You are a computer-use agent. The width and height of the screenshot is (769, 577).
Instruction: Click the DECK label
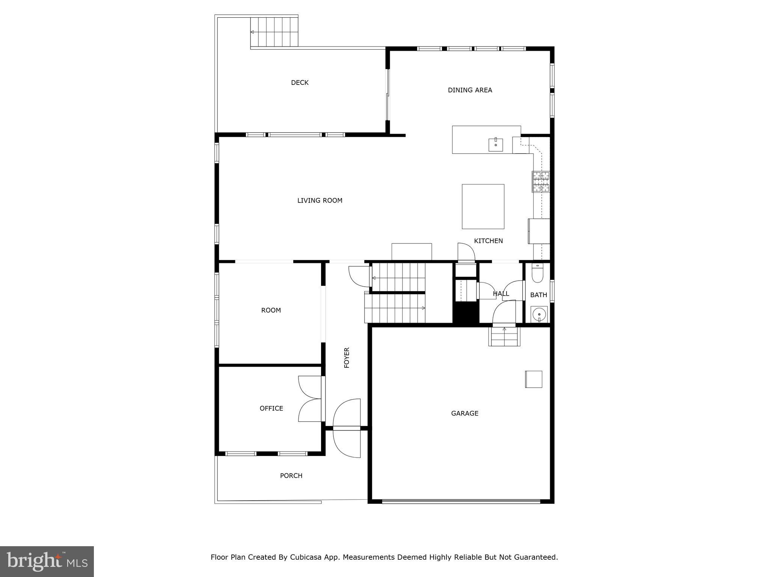(300, 83)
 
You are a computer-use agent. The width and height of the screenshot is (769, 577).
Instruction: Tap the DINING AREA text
(470, 90)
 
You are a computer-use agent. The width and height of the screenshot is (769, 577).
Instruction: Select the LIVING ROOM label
(320, 201)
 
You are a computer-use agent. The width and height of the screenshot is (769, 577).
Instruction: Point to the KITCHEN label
(488, 241)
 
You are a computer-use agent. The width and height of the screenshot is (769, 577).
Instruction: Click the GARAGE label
(464, 413)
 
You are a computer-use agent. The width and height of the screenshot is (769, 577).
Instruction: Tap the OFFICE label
(271, 408)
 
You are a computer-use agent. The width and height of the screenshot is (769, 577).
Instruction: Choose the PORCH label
(291, 476)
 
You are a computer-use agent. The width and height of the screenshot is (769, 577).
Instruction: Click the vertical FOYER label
(347, 358)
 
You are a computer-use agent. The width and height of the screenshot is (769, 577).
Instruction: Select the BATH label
(538, 295)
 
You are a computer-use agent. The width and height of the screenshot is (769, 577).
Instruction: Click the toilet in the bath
(537, 273)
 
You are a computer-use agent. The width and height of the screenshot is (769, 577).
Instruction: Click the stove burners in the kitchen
(541, 181)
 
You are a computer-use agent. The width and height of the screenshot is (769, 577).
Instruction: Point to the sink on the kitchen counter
(496, 145)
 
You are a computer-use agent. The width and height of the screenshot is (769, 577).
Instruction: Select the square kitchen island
(483, 206)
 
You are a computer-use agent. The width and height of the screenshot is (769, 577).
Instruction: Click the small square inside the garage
(533, 379)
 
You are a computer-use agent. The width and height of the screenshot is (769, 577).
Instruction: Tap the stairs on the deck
(274, 32)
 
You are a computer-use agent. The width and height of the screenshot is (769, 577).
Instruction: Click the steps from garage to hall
(504, 336)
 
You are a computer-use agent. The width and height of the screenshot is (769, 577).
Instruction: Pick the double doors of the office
(310, 399)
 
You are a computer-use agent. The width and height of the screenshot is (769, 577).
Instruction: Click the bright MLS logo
(47, 561)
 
